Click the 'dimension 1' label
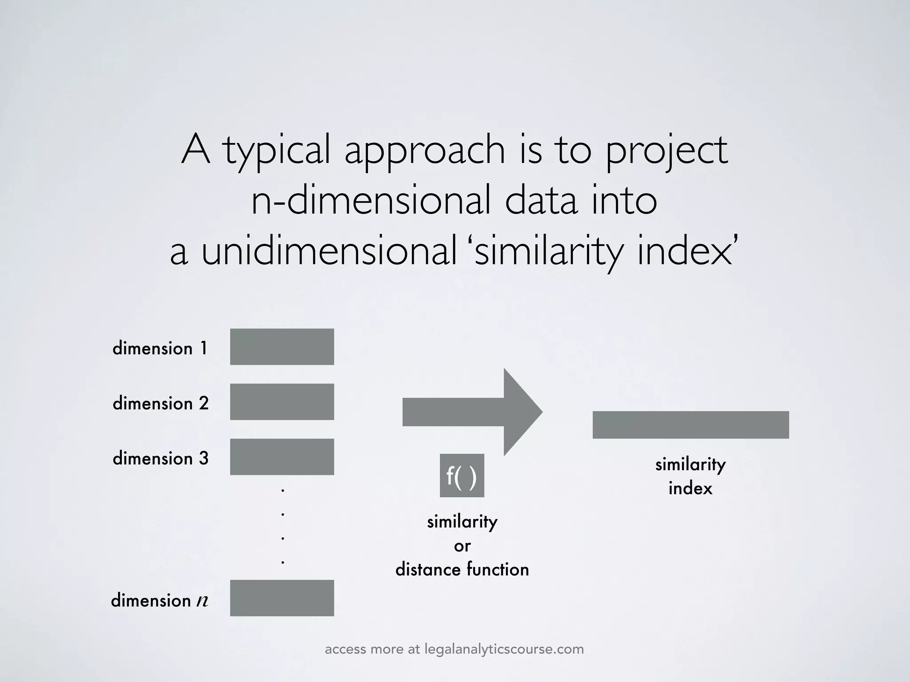(160, 349)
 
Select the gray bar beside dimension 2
(282, 402)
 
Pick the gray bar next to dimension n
(282, 598)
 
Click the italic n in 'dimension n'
(202, 601)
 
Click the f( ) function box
(462, 476)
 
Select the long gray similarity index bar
(690, 425)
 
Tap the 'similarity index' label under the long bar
(690, 476)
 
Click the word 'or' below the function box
(462, 546)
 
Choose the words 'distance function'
(462, 570)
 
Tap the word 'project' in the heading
(667, 151)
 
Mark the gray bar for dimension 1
(282, 347)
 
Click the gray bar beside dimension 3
(282, 457)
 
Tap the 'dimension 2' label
(160, 404)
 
